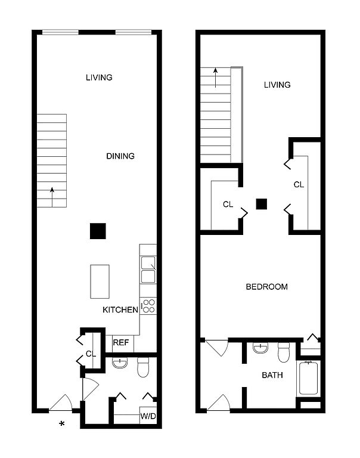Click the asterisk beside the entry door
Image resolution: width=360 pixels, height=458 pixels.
click(61, 423)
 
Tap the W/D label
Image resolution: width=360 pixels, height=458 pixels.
click(148, 416)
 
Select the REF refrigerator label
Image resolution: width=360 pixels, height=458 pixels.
click(121, 342)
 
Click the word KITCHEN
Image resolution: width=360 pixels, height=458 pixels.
click(120, 310)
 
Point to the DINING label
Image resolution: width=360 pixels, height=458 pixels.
click(120, 156)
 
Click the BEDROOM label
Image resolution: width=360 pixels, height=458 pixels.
click(267, 287)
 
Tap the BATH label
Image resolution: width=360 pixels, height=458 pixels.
click(272, 375)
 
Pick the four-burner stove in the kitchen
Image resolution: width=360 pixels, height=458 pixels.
click(148, 306)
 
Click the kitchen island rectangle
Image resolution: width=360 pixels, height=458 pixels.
click(100, 281)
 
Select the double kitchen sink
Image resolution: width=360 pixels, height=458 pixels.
click(148, 270)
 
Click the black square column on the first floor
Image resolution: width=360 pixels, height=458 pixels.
click(98, 231)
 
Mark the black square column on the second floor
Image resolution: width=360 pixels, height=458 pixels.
click(261, 204)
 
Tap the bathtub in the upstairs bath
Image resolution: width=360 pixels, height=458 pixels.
click(308, 378)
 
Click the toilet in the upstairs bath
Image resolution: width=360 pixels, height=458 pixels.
click(283, 352)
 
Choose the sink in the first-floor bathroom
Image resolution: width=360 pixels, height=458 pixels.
click(120, 363)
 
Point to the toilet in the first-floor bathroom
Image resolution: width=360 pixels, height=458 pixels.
click(143, 367)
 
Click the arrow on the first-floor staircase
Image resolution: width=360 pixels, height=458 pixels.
click(52, 197)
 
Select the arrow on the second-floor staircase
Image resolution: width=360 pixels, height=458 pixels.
click(216, 78)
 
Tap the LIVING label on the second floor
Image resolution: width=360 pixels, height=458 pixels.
click(277, 85)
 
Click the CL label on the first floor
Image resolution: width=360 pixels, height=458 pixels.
click(91, 354)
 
